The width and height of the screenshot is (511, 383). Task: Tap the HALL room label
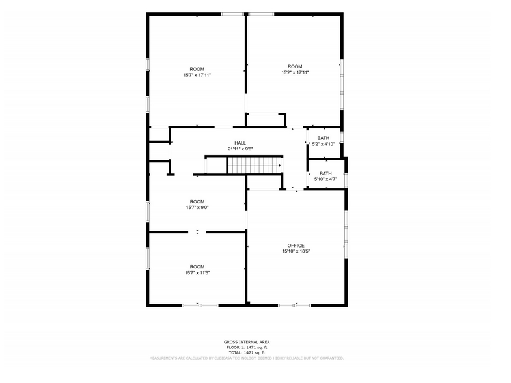point(240,143)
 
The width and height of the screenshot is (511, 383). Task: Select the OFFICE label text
point(296,246)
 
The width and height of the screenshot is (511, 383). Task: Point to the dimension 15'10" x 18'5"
point(296,251)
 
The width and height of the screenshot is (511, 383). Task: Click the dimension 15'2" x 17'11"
point(295,72)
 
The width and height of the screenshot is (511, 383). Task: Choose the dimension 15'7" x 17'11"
point(197,75)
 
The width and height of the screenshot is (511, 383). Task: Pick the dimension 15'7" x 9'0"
point(197,207)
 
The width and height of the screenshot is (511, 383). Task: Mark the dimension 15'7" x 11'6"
point(197,272)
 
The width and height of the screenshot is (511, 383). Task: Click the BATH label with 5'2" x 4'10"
point(324,138)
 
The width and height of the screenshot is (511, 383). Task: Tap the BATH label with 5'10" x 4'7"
point(325,173)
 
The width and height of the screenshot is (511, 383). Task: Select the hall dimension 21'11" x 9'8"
point(240,149)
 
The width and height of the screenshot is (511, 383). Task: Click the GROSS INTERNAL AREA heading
point(247,342)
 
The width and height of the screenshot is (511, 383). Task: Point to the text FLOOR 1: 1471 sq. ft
point(247,347)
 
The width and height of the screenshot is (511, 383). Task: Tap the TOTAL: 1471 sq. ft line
point(247,352)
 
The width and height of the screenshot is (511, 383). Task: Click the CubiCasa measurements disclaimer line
point(247,358)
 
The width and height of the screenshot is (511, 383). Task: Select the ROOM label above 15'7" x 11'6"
point(197,266)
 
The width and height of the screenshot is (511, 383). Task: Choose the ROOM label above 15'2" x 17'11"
point(295,66)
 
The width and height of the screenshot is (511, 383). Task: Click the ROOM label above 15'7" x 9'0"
point(197,201)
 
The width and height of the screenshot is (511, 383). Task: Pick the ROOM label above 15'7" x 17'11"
point(197,69)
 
